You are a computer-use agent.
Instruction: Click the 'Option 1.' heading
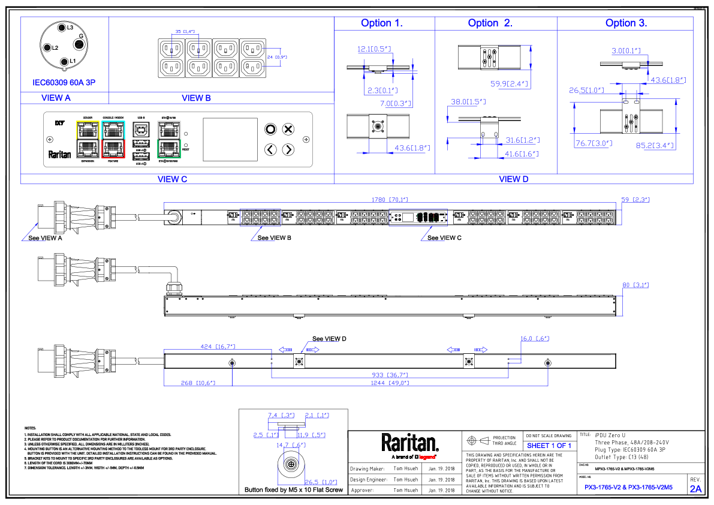point(382,23)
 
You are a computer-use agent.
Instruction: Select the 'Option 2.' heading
point(490,23)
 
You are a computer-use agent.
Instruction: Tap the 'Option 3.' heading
point(626,23)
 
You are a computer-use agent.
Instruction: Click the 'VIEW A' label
point(56,98)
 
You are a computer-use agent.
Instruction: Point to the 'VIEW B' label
point(196,98)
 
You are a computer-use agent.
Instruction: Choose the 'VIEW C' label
point(172,179)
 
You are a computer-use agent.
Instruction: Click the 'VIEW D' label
point(514,179)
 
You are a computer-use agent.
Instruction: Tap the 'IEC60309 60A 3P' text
point(64,83)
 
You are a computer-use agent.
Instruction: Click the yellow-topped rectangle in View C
point(88,139)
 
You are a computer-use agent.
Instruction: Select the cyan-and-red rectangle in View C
point(113,139)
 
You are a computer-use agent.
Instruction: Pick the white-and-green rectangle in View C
point(169,139)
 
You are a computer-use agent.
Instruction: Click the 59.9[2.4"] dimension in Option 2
point(509,85)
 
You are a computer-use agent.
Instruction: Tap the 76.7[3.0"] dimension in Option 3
point(594,144)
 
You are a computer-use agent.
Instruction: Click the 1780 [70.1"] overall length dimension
point(390,200)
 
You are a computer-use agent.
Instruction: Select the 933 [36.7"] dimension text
point(390,375)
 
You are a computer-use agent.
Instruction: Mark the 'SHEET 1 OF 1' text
point(549,446)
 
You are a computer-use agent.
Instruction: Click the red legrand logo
point(427,458)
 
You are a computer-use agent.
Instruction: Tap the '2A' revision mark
point(695,489)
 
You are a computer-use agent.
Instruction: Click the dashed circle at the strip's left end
point(174,218)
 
